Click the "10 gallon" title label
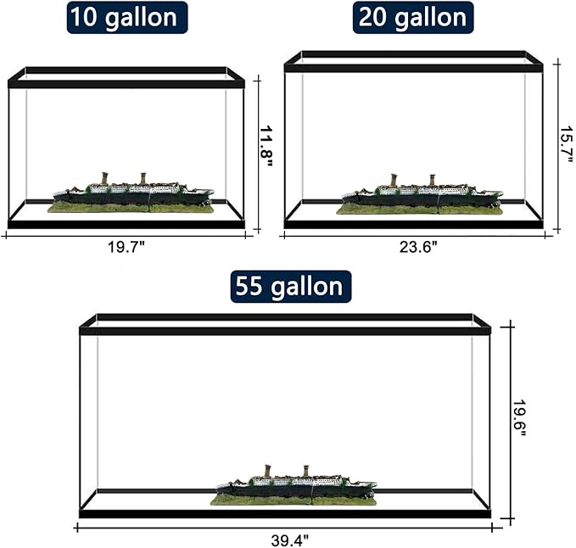click(127, 17)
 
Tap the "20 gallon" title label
click(413, 17)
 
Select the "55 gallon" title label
click(291, 287)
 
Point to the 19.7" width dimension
click(126, 247)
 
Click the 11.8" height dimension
click(266, 147)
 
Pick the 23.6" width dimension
click(418, 247)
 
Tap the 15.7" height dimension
click(566, 145)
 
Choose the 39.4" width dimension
click(290, 540)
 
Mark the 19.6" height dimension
click(519, 418)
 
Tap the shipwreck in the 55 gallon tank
click(294, 486)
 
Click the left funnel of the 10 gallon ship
click(104, 179)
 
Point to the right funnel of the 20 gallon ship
click(433, 180)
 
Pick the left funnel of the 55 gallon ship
click(268, 472)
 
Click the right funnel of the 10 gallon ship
click(143, 178)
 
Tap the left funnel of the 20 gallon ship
click(394, 181)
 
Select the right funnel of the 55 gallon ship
click(306, 472)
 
